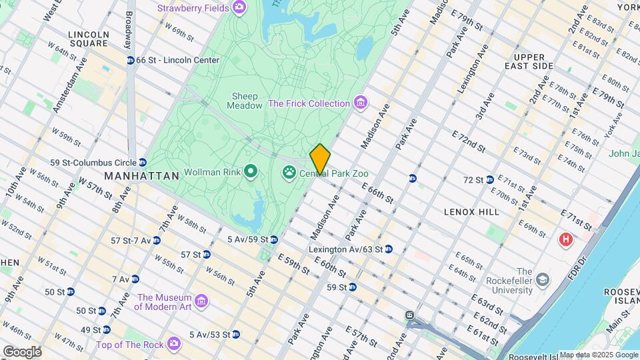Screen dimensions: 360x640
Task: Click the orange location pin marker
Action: (320, 159)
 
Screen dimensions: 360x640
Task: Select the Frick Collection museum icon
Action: (360, 103)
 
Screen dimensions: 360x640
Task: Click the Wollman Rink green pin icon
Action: (251, 173)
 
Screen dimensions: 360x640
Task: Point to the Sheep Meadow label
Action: (244, 101)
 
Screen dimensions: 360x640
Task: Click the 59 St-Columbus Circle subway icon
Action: (143, 162)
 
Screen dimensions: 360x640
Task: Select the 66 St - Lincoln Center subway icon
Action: (131, 60)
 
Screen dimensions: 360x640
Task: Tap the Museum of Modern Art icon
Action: (203, 301)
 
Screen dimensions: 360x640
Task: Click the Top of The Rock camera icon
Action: (174, 344)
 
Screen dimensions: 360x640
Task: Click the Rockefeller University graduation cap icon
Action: (543, 278)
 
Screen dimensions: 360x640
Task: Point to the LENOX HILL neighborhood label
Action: (471, 211)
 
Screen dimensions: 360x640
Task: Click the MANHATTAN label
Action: (141, 176)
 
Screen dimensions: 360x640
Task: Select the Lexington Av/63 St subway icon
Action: (389, 249)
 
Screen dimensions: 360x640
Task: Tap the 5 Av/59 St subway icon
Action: (273, 239)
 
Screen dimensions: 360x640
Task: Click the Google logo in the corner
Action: (21, 351)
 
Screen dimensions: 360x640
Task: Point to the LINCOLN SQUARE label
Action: (88, 39)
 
